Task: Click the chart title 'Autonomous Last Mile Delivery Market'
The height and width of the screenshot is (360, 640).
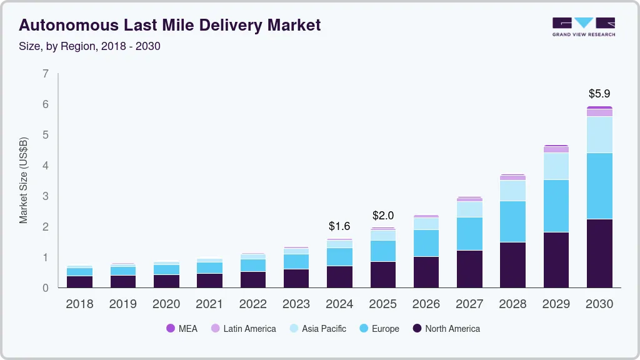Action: coord(170,25)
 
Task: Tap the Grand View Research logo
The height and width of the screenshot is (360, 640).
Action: coord(583,26)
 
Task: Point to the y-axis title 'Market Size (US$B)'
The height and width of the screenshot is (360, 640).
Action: coord(24,181)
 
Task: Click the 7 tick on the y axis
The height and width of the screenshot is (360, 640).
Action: coord(45,74)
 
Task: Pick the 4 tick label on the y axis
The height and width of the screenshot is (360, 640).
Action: coord(45,166)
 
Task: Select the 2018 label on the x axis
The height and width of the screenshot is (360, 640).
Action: coord(79,304)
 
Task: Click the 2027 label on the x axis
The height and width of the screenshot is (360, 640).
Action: coord(469,304)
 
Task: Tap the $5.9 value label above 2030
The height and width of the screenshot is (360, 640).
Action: coord(600,94)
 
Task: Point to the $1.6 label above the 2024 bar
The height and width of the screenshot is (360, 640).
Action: coord(340,226)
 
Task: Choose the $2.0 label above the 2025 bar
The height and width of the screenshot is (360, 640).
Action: coord(383,216)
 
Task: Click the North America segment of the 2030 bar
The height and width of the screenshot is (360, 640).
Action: coord(600,253)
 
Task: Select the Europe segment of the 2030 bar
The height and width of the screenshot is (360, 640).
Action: coord(600,186)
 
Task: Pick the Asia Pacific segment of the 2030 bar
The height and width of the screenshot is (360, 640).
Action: coord(600,134)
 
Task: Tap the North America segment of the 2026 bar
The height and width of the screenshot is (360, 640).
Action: coord(426,272)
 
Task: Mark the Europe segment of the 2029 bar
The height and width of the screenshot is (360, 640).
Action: coord(556,206)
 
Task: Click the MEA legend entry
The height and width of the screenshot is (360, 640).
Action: coord(181,329)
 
